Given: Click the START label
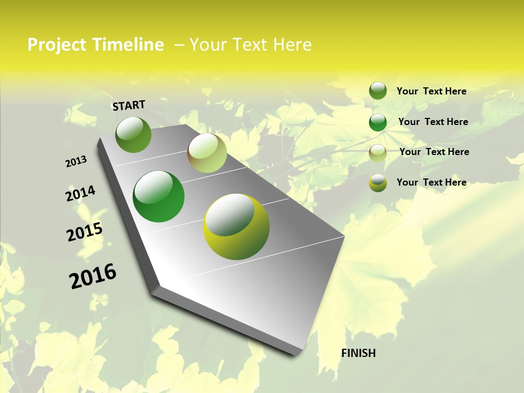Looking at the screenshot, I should click(x=129, y=105).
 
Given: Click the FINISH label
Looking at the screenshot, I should click(x=358, y=353).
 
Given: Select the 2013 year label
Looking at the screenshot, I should click(x=76, y=162).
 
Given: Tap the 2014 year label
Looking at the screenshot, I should click(x=80, y=194).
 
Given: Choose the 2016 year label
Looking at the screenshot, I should click(x=93, y=276).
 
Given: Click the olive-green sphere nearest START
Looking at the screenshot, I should click(x=133, y=135).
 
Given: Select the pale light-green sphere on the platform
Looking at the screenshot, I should click(x=207, y=153).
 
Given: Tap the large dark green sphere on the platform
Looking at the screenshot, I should click(x=158, y=196).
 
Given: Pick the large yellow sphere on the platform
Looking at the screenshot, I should click(x=236, y=227).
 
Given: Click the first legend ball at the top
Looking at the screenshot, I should click(x=378, y=91).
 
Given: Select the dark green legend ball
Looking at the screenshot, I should click(x=378, y=122).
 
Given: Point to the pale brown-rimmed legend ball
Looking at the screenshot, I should click(x=378, y=152).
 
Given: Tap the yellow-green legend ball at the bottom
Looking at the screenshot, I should click(x=378, y=183).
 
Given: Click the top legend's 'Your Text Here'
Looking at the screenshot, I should click(x=431, y=91).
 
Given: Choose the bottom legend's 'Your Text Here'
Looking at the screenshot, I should click(x=431, y=182).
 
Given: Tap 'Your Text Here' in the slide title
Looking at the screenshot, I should click(x=251, y=45).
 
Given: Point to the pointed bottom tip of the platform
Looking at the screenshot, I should click(x=295, y=354).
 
